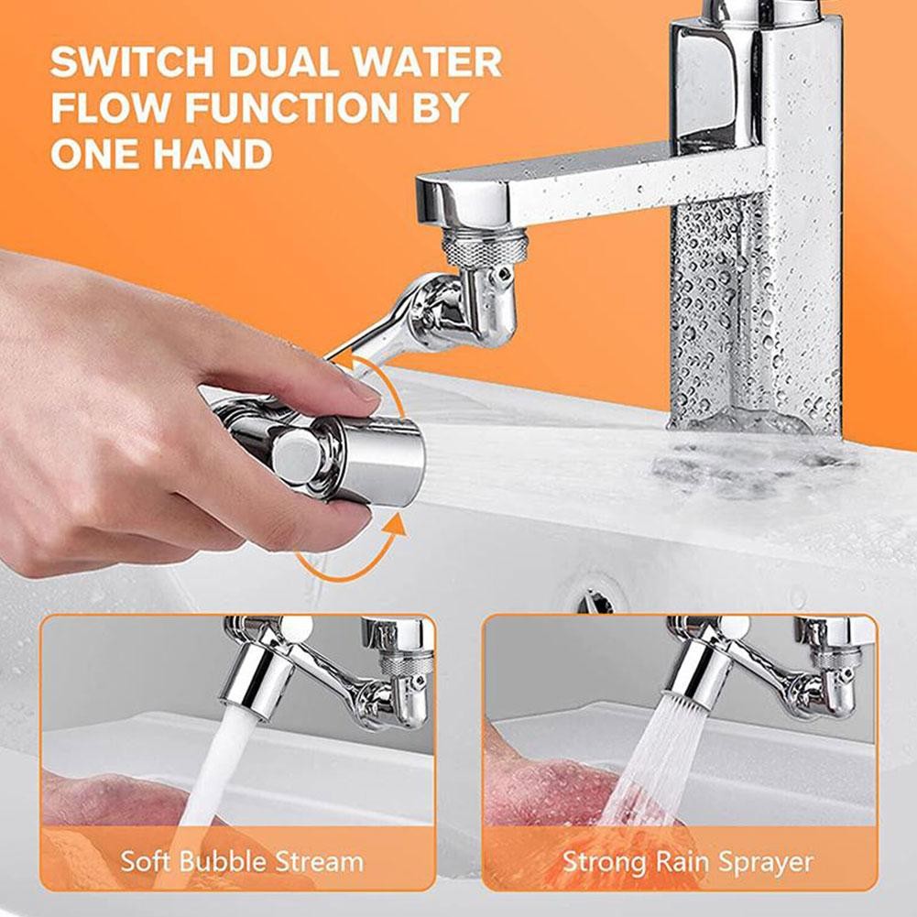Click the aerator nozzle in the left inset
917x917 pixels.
[x=259, y=679]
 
